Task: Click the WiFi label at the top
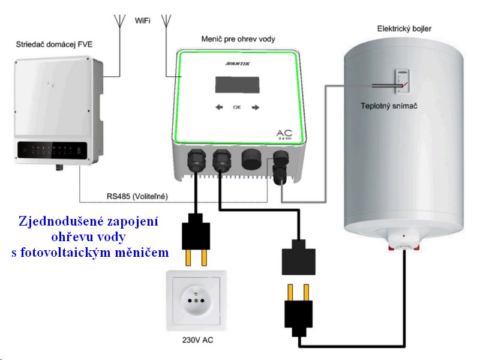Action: pyautogui.click(x=143, y=21)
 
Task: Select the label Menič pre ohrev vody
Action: pyautogui.click(x=238, y=39)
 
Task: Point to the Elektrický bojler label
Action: pyautogui.click(x=404, y=28)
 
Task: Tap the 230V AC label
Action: pyautogui.click(x=198, y=340)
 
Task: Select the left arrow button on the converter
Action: pyautogui.click(x=218, y=107)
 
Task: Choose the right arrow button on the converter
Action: pyautogui.click(x=256, y=107)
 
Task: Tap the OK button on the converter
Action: pyautogui.click(x=236, y=107)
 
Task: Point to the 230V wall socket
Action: pyautogui.click(x=197, y=300)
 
